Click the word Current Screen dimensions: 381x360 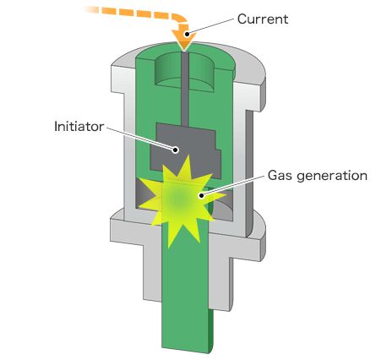tap(263, 19)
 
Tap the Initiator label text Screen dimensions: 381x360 tap(79, 127)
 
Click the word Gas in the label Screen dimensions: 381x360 tap(280, 175)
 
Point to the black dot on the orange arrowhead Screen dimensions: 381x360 tap(187, 34)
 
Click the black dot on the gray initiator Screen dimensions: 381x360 tap(176, 150)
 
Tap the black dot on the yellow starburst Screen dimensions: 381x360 tap(201, 195)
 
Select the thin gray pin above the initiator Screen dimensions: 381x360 tap(185, 90)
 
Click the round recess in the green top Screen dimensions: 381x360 tap(184, 74)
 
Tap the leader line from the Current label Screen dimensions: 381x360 tap(210, 26)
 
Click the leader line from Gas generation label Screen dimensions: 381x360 tap(233, 185)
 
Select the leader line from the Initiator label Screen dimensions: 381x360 tap(141, 139)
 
